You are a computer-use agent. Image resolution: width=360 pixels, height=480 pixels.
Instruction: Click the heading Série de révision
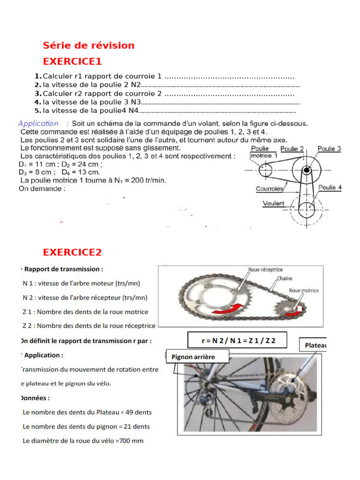tap(89, 45)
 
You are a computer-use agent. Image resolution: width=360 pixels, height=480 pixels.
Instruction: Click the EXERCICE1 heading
tap(72, 61)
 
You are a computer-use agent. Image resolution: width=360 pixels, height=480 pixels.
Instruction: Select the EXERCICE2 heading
tap(72, 252)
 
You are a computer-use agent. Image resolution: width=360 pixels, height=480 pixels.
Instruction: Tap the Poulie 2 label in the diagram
tap(292, 149)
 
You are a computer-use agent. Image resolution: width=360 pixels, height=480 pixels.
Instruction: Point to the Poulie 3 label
tap(329, 149)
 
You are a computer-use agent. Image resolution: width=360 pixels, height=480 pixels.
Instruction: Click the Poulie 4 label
tap(330, 187)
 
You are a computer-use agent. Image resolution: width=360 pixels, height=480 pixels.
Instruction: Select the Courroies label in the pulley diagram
tap(269, 188)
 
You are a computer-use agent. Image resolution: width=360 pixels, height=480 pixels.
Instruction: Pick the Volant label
tap(273, 203)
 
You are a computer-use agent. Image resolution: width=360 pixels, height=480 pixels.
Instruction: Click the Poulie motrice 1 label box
tap(263, 152)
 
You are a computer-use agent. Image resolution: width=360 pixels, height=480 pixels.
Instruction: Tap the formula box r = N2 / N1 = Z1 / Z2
tap(238, 341)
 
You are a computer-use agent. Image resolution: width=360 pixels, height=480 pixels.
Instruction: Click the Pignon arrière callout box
tap(197, 357)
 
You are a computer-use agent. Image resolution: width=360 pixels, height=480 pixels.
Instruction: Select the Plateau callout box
tap(315, 345)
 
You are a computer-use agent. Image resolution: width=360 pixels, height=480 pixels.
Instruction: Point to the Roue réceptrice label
tap(265, 270)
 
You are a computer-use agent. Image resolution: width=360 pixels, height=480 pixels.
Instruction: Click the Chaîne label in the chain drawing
tap(284, 278)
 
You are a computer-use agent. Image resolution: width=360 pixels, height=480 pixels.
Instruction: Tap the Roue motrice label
tap(303, 290)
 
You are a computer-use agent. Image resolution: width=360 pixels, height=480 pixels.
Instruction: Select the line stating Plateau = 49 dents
tap(87, 412)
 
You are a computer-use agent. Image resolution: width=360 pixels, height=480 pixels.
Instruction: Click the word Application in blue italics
tap(38, 123)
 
